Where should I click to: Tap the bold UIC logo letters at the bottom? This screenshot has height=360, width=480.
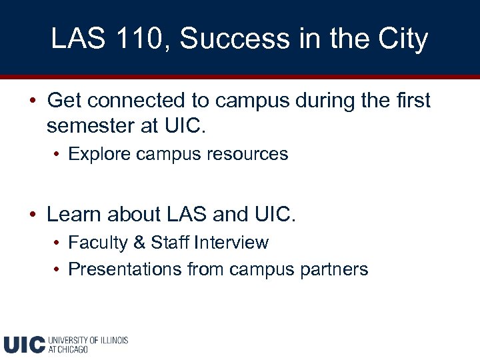24,344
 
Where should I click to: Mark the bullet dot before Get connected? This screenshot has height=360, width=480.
32,101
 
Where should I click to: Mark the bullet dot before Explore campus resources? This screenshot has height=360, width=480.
58,155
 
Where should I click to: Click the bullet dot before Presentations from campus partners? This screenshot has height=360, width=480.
58,270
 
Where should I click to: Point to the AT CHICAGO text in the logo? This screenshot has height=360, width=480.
68,349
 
